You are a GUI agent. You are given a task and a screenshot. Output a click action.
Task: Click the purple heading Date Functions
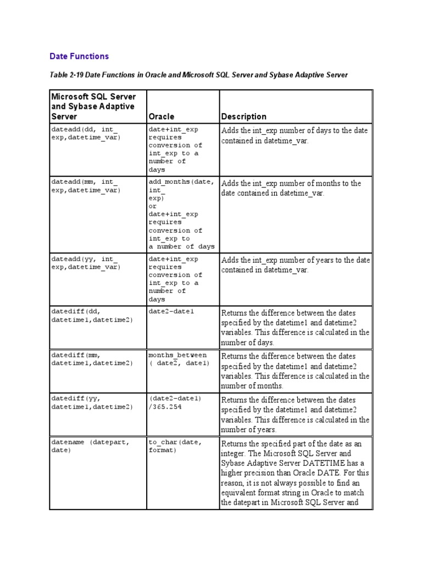click(79, 56)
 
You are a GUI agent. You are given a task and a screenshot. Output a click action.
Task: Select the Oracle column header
click(162, 117)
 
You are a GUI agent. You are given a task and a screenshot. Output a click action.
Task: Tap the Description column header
click(243, 117)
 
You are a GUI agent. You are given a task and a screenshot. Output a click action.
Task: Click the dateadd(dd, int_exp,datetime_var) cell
click(85, 133)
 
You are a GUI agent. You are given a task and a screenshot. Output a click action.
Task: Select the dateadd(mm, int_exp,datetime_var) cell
click(85, 186)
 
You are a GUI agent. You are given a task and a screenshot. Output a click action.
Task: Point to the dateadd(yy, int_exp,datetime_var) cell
click(85, 263)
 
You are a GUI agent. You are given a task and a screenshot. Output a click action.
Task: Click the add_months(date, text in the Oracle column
click(181, 182)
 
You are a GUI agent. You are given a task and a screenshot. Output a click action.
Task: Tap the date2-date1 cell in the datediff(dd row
click(171, 311)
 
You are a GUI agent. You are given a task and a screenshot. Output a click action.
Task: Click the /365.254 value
click(165, 407)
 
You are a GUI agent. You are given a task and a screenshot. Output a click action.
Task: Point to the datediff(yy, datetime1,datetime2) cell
click(92, 402)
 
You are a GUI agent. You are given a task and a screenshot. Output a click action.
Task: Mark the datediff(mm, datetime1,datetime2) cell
click(92, 359)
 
